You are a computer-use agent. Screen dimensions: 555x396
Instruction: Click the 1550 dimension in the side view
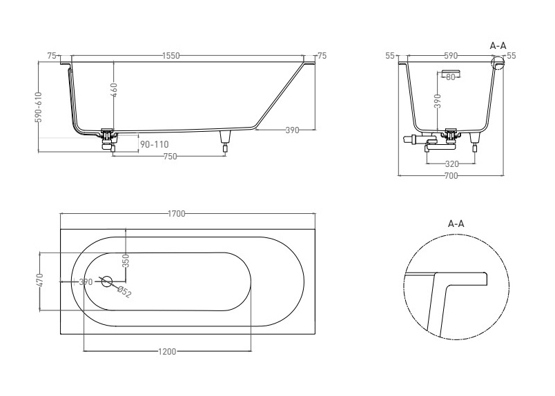point(171,56)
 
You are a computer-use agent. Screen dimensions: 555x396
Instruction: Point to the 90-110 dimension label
point(155,144)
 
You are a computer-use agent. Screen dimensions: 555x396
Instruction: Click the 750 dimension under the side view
point(171,157)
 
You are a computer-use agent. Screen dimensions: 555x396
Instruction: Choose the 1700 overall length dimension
point(176,214)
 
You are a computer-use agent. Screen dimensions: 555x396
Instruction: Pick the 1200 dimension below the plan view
point(167,351)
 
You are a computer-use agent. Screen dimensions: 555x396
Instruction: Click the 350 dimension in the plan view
point(127,261)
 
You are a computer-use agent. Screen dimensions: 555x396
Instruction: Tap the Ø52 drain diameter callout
point(124,293)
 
